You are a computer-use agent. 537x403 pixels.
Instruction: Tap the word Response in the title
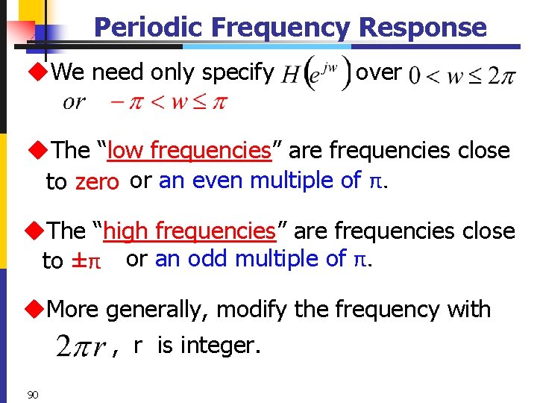[x=422, y=28]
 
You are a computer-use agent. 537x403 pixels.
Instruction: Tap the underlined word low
[x=126, y=150]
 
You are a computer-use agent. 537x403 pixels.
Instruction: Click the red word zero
[x=97, y=181]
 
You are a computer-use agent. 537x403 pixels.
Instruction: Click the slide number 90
[x=32, y=393]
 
